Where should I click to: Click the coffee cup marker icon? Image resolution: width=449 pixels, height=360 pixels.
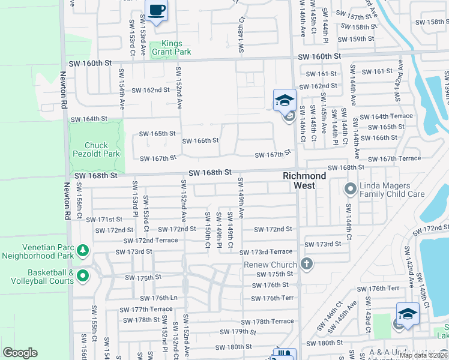[157, 11]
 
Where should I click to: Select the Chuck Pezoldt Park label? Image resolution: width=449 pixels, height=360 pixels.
[97, 149]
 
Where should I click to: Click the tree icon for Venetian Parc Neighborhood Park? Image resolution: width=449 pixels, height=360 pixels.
[83, 249]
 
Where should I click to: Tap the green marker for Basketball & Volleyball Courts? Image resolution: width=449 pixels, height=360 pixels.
[83, 276]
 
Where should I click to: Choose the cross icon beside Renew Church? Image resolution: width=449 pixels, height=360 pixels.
[307, 264]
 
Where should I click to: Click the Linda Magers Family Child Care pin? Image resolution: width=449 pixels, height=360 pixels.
[350, 190]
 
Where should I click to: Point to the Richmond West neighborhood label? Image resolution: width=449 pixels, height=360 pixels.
[305, 181]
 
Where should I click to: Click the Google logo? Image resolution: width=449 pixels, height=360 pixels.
[20, 353]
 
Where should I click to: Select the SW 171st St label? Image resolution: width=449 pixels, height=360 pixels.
[105, 220]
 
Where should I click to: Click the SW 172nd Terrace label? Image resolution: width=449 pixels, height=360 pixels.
[150, 240]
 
